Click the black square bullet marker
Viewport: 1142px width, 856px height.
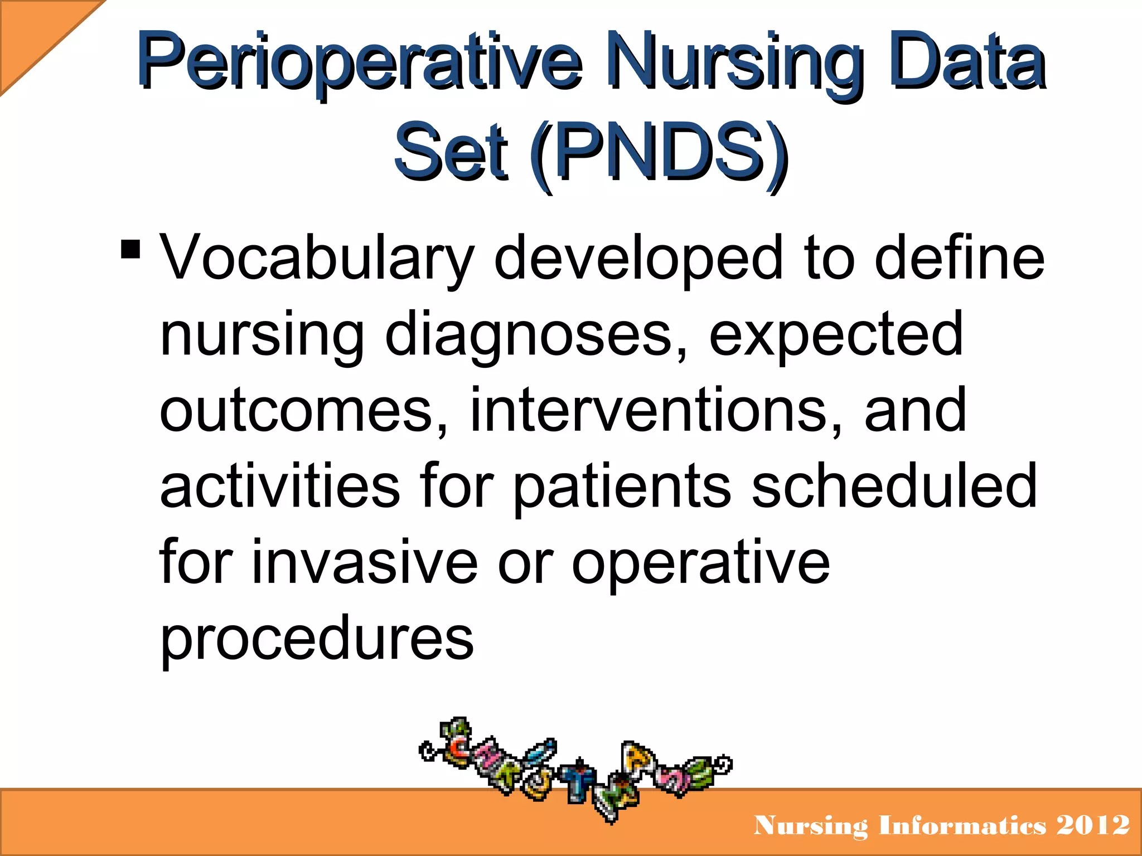pyautogui.click(x=130, y=249)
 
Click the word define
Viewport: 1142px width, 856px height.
pyautogui.click(x=959, y=257)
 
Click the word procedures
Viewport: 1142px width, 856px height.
pyautogui.click(x=317, y=638)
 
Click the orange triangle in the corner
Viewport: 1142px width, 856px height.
pyautogui.click(x=33, y=33)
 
